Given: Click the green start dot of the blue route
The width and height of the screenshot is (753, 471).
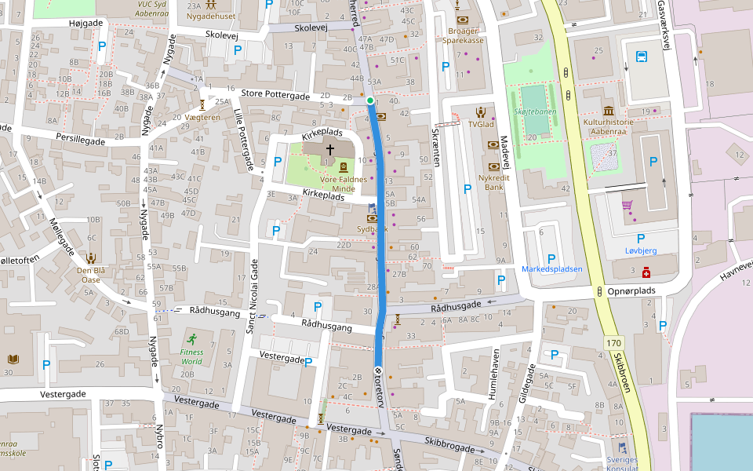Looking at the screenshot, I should pos(369,100).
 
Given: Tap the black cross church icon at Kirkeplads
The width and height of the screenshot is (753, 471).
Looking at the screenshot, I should pos(330,148).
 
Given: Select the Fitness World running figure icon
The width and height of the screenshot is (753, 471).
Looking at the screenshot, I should pos(192,339).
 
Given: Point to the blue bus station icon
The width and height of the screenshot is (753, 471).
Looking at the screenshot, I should pos(642,57).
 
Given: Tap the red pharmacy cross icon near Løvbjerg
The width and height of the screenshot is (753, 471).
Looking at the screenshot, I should pos(646,272).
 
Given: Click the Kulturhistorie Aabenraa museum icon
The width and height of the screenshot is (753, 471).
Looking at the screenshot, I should pos(609,111).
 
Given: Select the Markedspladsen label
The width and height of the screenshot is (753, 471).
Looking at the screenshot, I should pos(552,269).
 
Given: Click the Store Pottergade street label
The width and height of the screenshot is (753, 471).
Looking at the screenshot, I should pos(275,94).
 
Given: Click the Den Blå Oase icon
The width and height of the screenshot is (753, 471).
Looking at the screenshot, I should pos(92,257).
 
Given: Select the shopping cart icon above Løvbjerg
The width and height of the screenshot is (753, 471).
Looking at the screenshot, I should pos(627,206).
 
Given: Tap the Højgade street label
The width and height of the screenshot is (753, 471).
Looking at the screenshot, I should pos(85,23).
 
